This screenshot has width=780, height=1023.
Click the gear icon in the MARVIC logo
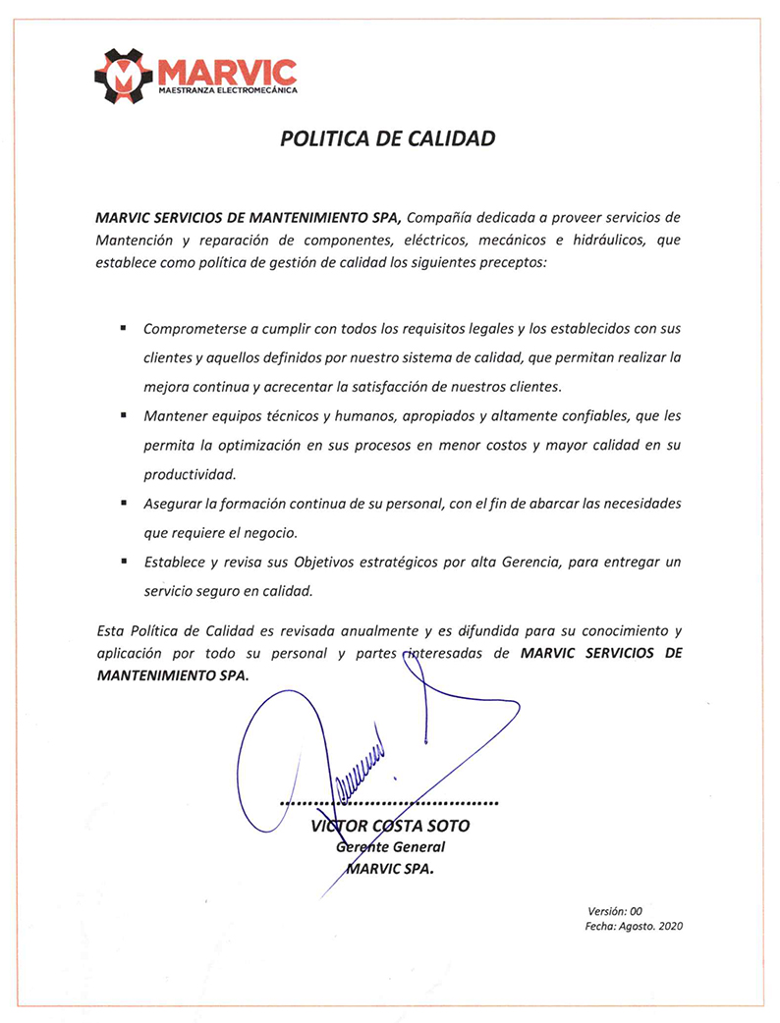click(124, 75)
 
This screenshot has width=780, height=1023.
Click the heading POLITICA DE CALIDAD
click(387, 138)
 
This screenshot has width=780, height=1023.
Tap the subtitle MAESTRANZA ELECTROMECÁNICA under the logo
click(227, 91)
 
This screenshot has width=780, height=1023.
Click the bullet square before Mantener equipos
click(123, 415)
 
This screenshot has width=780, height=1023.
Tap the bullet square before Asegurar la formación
click(123, 503)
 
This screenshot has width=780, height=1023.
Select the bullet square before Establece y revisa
click(123, 562)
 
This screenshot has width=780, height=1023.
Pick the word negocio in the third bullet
click(296, 533)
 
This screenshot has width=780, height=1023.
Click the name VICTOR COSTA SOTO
click(390, 826)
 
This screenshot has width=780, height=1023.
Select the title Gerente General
click(390, 846)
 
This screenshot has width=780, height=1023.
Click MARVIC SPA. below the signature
click(390, 868)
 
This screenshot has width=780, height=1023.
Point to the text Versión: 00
click(615, 911)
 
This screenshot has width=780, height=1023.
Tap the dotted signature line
click(390, 803)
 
